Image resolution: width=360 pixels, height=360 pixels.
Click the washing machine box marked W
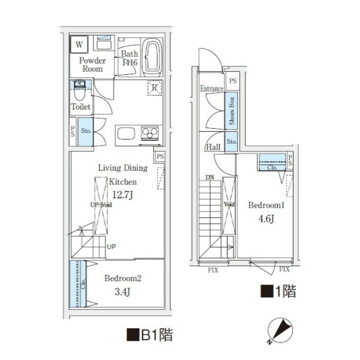(x=79, y=44)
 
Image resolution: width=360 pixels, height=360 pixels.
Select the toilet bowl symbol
(x=80, y=90)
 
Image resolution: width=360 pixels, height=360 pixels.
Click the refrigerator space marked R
(x=155, y=87)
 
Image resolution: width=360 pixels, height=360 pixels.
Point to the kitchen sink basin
(x=126, y=134)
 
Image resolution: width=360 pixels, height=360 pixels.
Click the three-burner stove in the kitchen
(x=150, y=133)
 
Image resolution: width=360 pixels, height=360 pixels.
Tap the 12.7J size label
(x=122, y=195)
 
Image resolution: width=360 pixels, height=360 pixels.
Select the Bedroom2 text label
(x=123, y=279)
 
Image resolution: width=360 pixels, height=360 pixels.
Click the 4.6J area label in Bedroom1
(x=266, y=219)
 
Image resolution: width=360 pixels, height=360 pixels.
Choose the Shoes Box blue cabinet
(x=231, y=111)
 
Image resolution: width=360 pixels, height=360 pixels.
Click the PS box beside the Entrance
(x=233, y=81)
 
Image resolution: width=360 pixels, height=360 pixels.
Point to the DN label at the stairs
(x=210, y=177)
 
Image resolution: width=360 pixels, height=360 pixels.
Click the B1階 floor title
(x=150, y=335)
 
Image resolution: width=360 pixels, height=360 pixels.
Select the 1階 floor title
(x=279, y=291)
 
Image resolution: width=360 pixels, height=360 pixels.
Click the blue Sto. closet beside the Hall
(x=231, y=141)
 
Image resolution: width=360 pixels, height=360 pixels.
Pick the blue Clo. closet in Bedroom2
(x=78, y=284)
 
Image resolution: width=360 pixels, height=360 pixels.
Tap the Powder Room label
(x=92, y=65)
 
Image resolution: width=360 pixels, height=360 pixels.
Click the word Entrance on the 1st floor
(x=211, y=89)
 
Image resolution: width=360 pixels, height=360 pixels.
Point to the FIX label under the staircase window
(x=213, y=270)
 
